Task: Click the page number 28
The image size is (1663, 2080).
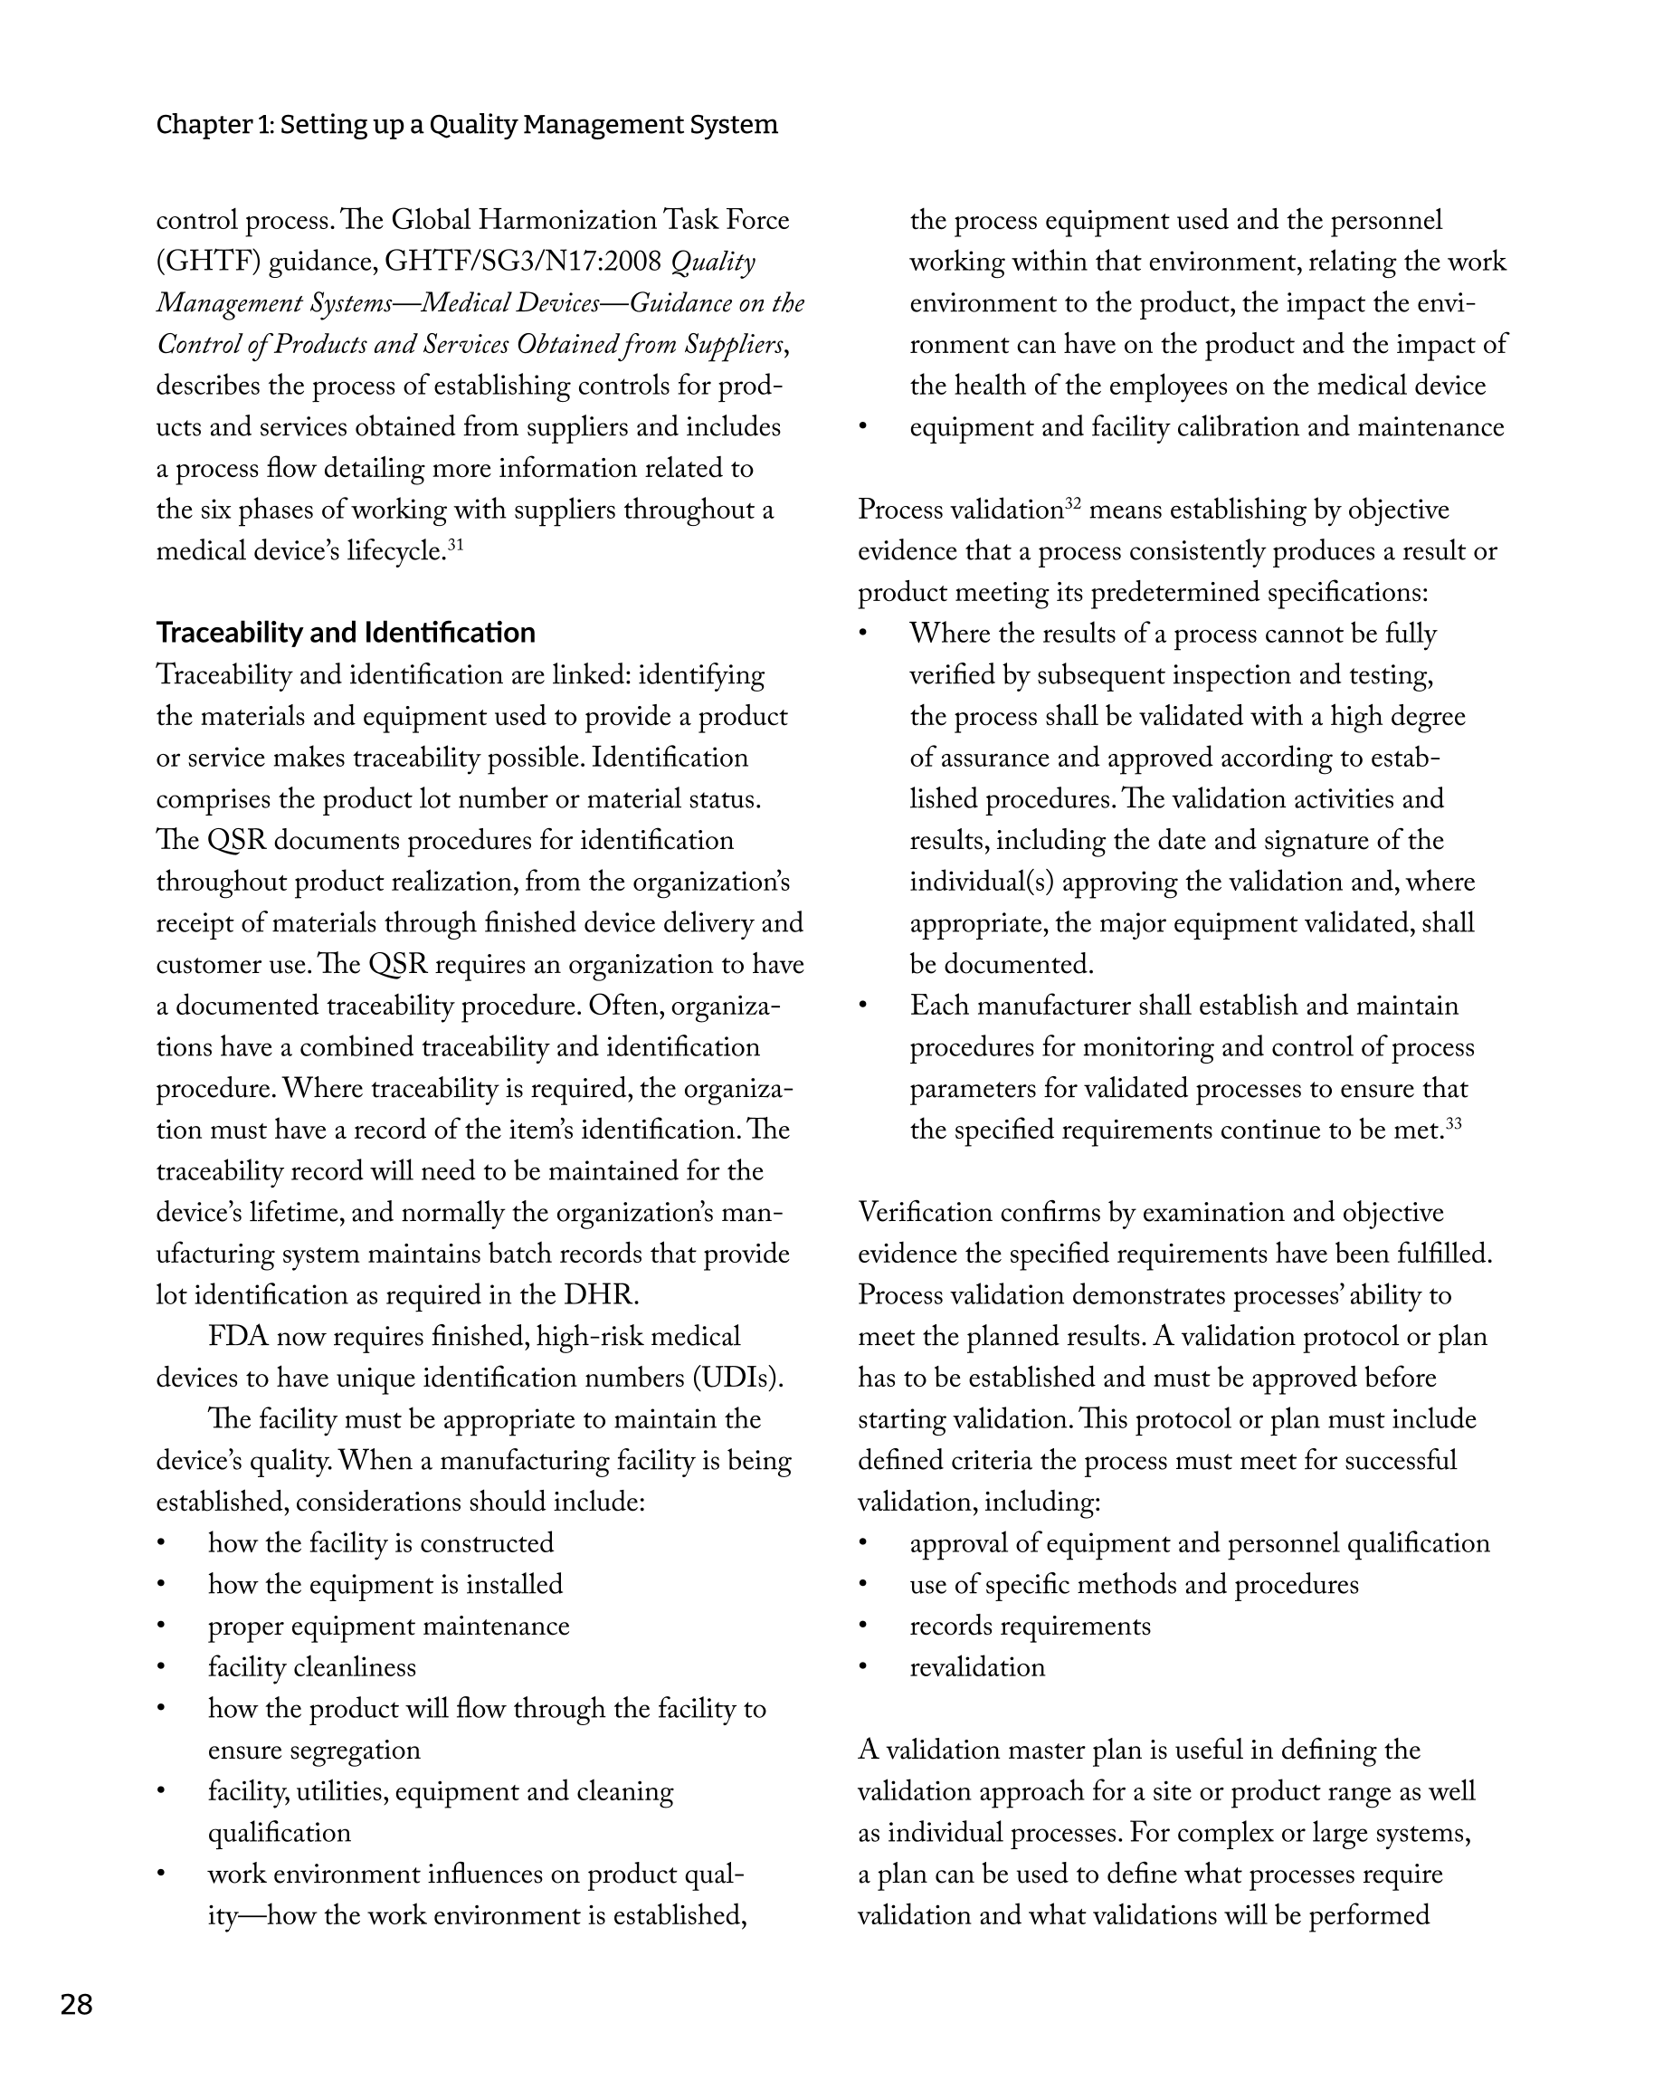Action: coord(76,2005)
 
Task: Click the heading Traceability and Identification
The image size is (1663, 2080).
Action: coord(346,633)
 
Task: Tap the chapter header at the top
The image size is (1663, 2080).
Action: coord(467,124)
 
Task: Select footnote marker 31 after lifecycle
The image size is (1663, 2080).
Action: coord(455,545)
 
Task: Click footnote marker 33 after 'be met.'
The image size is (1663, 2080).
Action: coord(1454,1123)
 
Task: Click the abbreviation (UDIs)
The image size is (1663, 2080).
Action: coord(738,1378)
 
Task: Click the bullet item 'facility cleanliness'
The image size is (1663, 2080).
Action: coord(311,1667)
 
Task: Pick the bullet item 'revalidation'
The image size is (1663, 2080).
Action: coord(977,1667)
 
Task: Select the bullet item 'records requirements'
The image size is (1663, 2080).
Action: coord(1030,1626)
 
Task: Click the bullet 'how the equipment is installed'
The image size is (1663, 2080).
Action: coord(385,1585)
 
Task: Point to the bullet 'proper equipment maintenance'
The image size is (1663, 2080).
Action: coord(389,1626)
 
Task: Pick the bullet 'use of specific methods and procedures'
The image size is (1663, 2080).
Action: coord(1134,1585)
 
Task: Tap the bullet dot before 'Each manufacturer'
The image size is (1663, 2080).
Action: coord(864,1007)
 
